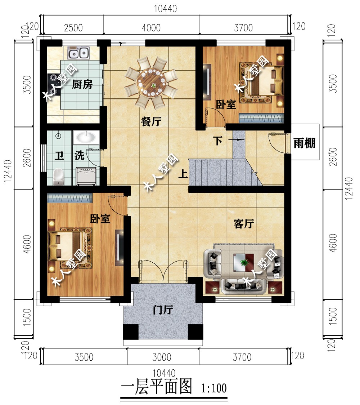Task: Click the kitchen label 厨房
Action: tap(82, 84)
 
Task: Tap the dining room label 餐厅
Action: tap(151, 121)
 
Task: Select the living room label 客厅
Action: tap(244, 223)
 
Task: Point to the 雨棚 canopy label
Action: tap(305, 143)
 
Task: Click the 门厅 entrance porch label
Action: tap(163, 309)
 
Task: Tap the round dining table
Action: tap(151, 82)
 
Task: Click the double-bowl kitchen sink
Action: tap(79, 53)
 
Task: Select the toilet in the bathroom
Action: tap(58, 177)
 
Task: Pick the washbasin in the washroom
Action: tap(86, 137)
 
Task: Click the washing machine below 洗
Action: tap(86, 177)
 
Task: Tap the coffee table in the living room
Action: tap(244, 262)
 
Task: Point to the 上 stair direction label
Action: tap(183, 174)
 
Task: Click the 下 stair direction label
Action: tap(218, 141)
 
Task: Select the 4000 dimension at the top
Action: tap(151, 28)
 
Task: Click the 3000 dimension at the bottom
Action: tap(162, 357)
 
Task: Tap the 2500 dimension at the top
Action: tap(73, 28)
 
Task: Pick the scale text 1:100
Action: tap(214, 388)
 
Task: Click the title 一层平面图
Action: tap(157, 387)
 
